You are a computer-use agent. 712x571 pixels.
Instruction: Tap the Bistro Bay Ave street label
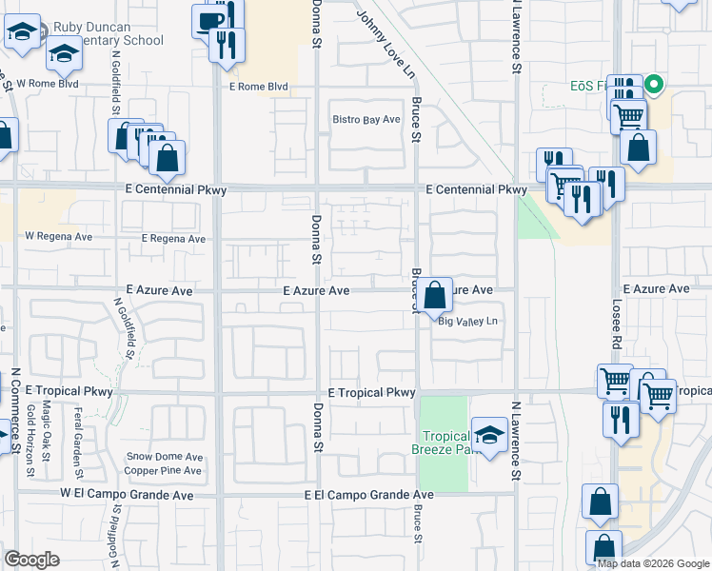tap(366, 120)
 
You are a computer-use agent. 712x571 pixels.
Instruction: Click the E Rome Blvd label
tap(257, 87)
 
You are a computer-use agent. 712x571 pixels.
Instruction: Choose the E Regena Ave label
tap(172, 239)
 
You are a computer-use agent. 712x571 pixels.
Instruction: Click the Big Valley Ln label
tap(467, 322)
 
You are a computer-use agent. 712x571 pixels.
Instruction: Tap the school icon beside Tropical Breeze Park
tap(489, 437)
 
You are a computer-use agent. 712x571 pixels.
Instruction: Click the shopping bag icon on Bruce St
tap(436, 296)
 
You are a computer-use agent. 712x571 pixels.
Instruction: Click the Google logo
tap(32, 559)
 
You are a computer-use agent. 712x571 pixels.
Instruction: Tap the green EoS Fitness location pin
tap(653, 85)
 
